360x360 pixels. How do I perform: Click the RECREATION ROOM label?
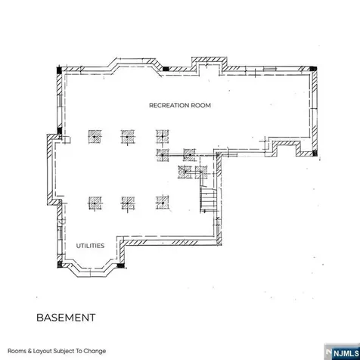pyautogui.click(x=180, y=105)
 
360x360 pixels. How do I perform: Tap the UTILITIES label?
pyautogui.click(x=90, y=246)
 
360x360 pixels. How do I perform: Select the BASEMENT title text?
pyautogui.click(x=66, y=318)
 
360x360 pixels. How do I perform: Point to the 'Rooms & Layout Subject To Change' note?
pyautogui.click(x=57, y=351)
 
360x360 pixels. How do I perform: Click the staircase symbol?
pyautogui.click(x=208, y=200)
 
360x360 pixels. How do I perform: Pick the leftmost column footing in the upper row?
pyautogui.click(x=95, y=137)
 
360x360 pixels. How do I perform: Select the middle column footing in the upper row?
pyautogui.click(x=128, y=137)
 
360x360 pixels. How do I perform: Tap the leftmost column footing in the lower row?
pyautogui.click(x=95, y=203)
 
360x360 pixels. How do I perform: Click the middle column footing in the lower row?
pyautogui.click(x=128, y=203)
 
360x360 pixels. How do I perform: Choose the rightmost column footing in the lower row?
pyautogui.click(x=163, y=203)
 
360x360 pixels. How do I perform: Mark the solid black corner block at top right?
pyautogui.click(x=313, y=68)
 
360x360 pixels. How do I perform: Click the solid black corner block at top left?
pyautogui.click(x=59, y=70)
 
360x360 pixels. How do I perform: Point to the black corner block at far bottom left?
pyautogui.click(x=60, y=264)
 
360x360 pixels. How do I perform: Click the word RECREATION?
pyautogui.click(x=169, y=105)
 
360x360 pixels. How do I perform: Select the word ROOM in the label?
pyautogui.click(x=201, y=105)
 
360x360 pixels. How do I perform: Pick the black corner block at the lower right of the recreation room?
pyautogui.click(x=315, y=153)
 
